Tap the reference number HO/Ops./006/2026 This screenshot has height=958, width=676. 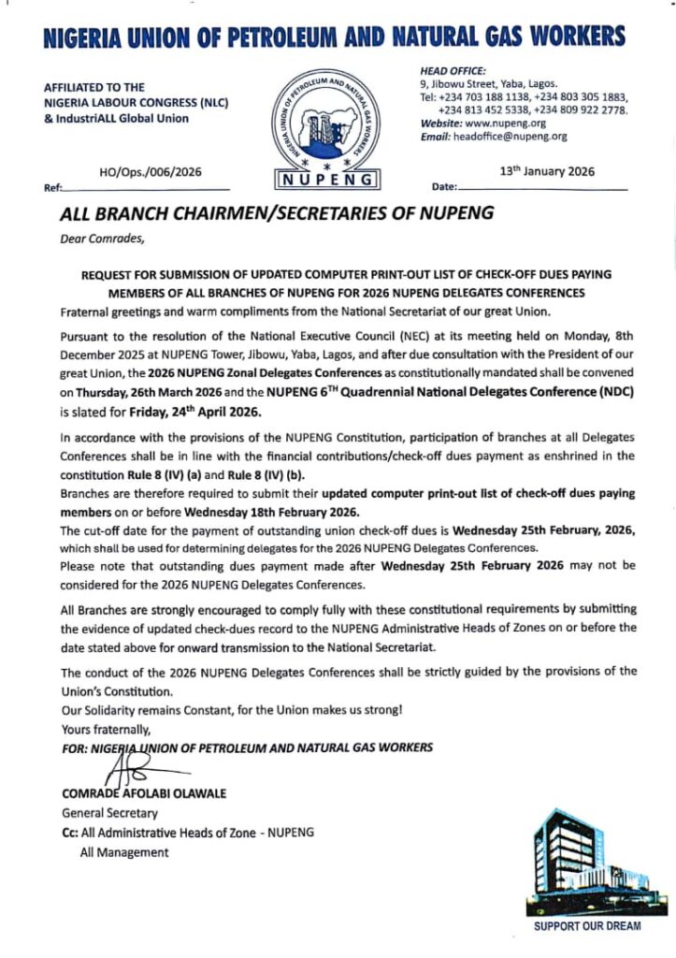click(x=150, y=172)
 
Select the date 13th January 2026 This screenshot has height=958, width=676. click(x=548, y=171)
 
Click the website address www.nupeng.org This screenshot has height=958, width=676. click(x=510, y=123)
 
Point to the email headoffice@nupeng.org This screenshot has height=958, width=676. click(x=510, y=137)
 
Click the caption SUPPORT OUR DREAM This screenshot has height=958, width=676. click(x=587, y=926)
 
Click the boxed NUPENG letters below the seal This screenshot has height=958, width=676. click(x=328, y=179)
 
